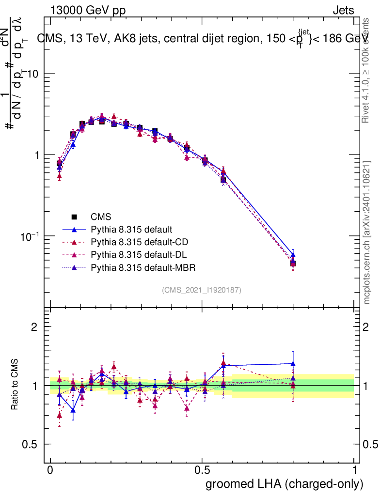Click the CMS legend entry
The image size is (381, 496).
[x=99, y=217]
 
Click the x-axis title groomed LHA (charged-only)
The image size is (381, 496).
[x=285, y=483]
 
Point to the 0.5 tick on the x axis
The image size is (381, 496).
[x=202, y=470]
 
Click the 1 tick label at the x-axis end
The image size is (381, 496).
[x=354, y=470]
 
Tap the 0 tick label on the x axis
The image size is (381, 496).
[x=50, y=470]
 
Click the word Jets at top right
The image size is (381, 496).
[x=343, y=10]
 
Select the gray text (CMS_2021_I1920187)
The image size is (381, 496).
[x=202, y=290]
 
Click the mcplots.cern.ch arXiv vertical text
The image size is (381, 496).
[x=367, y=232]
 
